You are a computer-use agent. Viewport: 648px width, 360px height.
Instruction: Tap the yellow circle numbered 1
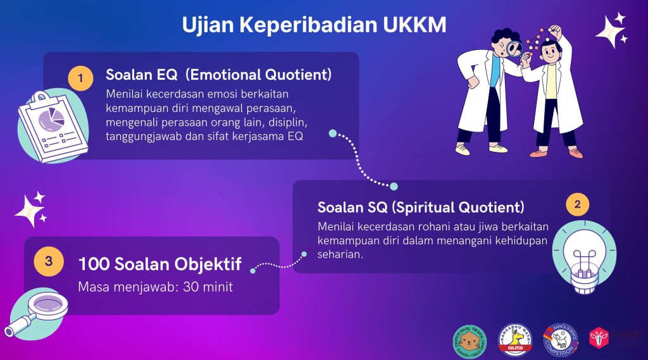[80, 78]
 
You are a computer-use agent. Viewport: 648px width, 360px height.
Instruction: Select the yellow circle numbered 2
[576, 204]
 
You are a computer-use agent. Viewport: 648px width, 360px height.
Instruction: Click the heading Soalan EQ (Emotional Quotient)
[218, 75]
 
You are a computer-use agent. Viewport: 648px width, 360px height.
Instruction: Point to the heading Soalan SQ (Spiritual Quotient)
[421, 207]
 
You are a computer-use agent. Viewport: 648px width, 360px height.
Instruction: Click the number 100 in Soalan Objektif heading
[96, 264]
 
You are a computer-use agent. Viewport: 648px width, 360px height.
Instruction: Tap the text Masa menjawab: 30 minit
[155, 287]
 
